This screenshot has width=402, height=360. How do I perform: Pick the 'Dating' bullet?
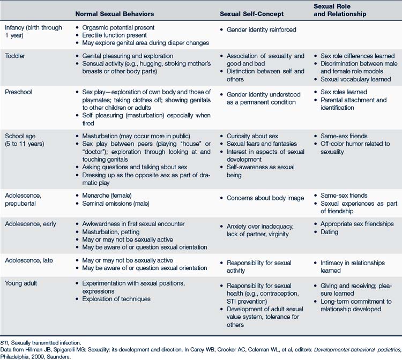click(329, 232)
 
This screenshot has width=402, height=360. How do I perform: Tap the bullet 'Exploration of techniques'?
click(116, 299)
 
